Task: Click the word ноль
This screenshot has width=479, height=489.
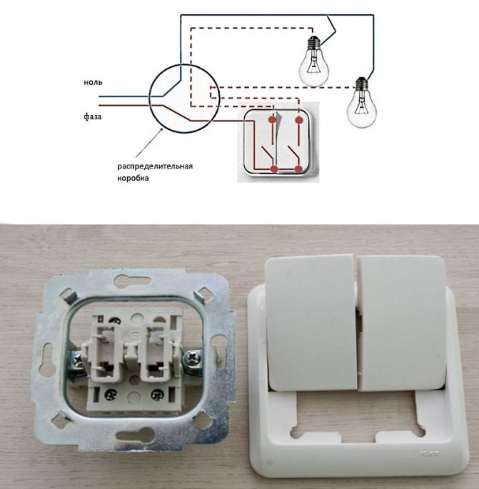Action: coord(93,82)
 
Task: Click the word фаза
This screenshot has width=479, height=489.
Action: coord(93,116)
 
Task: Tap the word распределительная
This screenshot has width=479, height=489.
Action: coord(155,166)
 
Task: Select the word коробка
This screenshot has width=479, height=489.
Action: coord(133,178)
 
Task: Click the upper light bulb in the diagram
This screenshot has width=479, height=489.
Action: coord(313,61)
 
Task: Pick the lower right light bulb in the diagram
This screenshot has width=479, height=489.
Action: coord(362,102)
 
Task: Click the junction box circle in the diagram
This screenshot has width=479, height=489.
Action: coord(149,99)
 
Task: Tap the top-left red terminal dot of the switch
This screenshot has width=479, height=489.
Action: coord(273,119)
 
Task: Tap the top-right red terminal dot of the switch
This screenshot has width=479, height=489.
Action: coord(299,120)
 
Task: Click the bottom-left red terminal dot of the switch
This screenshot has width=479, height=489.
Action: coord(274,169)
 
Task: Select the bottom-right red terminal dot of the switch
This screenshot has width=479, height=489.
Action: coord(299,169)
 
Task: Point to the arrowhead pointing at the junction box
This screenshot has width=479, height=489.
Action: coord(161,130)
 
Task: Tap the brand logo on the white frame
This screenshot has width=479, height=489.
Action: coord(429,453)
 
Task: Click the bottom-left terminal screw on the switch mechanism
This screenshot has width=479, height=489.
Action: coord(111,395)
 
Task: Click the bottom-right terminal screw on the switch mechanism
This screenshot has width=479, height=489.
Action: coord(157,395)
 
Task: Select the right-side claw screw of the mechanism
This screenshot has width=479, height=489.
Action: coord(191,358)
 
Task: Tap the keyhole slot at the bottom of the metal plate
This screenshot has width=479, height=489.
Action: coord(136,435)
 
